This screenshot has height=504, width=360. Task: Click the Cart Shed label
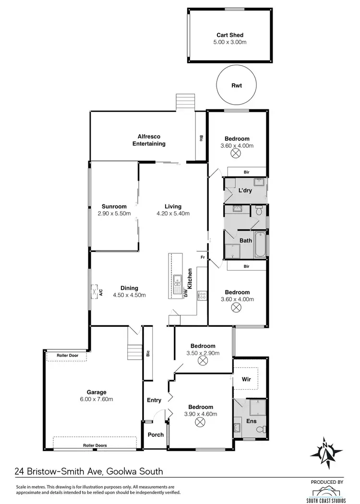(229, 35)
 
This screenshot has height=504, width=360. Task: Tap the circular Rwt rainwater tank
(236, 86)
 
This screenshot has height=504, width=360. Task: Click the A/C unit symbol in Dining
(95, 291)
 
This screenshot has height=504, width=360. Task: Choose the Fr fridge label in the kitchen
(202, 257)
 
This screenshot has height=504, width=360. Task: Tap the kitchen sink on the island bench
(178, 279)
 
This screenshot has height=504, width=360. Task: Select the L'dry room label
(246, 191)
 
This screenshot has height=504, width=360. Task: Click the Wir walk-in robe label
(246, 379)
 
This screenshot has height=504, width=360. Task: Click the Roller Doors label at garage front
(94, 445)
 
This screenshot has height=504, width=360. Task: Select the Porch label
(156, 435)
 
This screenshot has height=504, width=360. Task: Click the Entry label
(154, 400)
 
